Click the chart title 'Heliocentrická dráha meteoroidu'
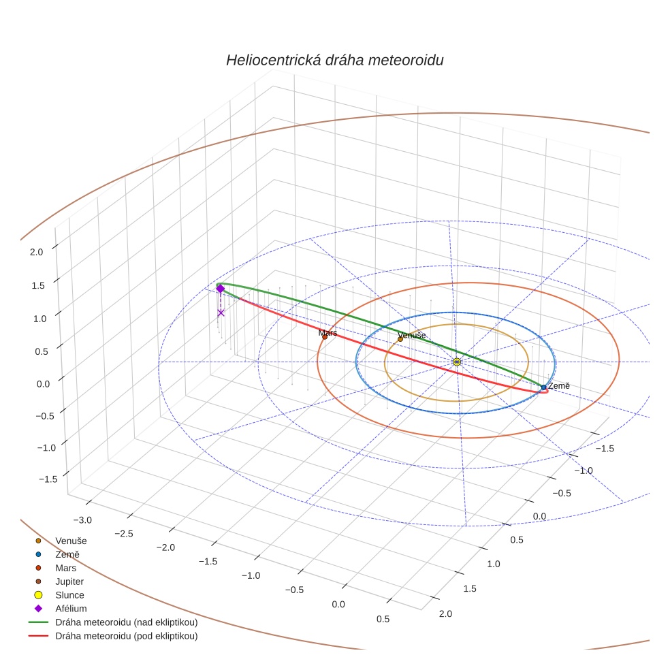tap(334, 60)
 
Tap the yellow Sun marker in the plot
tap(457, 362)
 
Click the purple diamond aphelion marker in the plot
tap(220, 289)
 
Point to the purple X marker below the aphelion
tap(221, 313)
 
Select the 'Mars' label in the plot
tap(328, 333)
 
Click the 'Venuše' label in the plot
tap(411, 335)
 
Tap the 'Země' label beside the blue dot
tap(558, 386)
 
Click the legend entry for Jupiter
tap(69, 581)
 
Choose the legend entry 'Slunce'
tap(69, 595)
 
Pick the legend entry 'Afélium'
tap(71, 609)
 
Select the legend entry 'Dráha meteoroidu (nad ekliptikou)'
tap(126, 622)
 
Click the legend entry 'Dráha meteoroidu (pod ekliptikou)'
tap(126, 636)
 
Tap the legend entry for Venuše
tap(71, 541)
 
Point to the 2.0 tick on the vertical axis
tap(36, 251)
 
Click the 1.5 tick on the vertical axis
tap(36, 285)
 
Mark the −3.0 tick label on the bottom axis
tap(82, 520)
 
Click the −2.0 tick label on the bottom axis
tap(166, 547)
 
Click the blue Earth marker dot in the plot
tap(543, 387)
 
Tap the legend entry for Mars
tap(65, 568)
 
